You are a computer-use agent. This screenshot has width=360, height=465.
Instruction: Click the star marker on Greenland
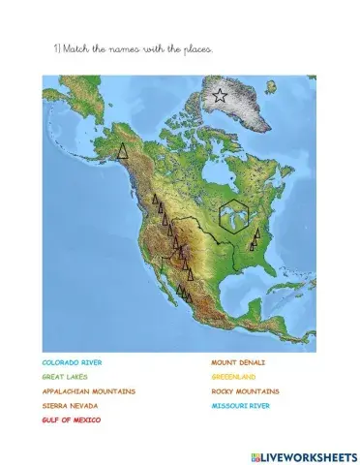[220, 96]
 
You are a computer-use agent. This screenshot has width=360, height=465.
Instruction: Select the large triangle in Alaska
[122, 151]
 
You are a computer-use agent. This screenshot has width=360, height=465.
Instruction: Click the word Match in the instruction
[75, 47]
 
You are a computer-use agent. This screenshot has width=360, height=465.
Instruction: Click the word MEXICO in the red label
[88, 420]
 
